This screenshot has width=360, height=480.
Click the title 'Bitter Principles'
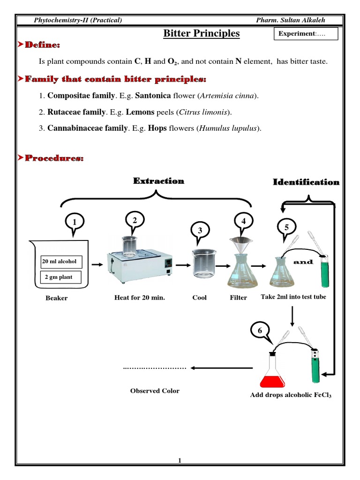click(201, 33)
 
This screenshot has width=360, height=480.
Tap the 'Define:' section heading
click(42, 45)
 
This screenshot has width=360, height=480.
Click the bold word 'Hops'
click(157, 128)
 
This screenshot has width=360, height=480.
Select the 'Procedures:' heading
click(54, 158)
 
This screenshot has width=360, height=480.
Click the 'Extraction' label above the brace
click(158, 181)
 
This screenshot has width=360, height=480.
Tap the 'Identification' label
click(306, 182)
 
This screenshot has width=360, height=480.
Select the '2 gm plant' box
click(59, 277)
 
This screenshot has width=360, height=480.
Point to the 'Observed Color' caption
click(155, 391)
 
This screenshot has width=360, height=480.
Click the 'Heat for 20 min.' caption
click(140, 297)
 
